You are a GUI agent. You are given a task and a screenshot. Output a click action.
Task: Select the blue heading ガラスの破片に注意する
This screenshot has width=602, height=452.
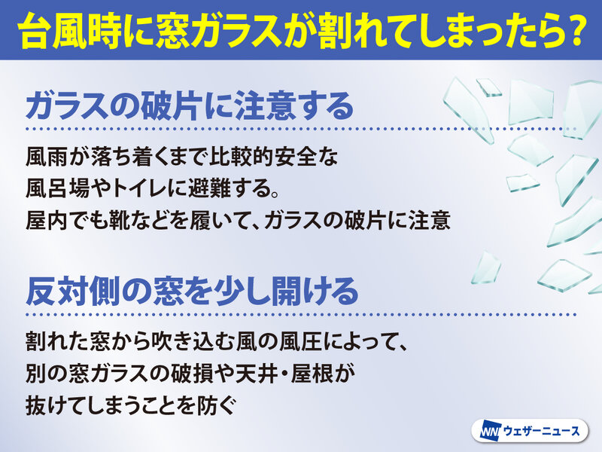(x=190, y=105)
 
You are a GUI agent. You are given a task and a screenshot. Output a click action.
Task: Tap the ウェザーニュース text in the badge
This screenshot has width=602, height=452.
(x=541, y=432)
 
